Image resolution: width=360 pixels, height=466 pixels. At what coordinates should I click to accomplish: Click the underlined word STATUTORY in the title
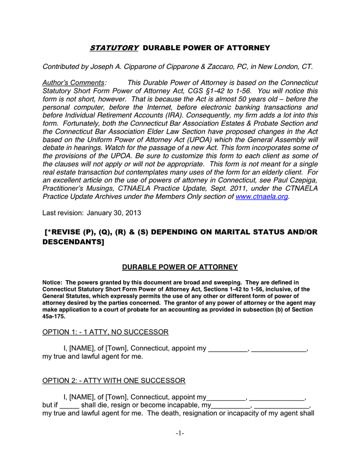114,48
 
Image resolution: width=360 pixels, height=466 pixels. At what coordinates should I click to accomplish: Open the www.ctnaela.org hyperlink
262,197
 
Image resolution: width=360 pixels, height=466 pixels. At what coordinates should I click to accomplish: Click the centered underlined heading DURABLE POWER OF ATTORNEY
179,267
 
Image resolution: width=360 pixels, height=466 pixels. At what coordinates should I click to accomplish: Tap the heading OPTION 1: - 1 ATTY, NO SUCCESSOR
105,332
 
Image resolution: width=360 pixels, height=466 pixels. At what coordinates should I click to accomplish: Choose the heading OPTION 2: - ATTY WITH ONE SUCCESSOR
113,381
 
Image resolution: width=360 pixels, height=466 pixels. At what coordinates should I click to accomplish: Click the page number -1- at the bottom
179,433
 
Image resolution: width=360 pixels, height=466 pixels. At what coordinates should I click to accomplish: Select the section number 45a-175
54,316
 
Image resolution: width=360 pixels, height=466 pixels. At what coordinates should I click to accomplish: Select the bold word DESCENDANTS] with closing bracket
73,242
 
